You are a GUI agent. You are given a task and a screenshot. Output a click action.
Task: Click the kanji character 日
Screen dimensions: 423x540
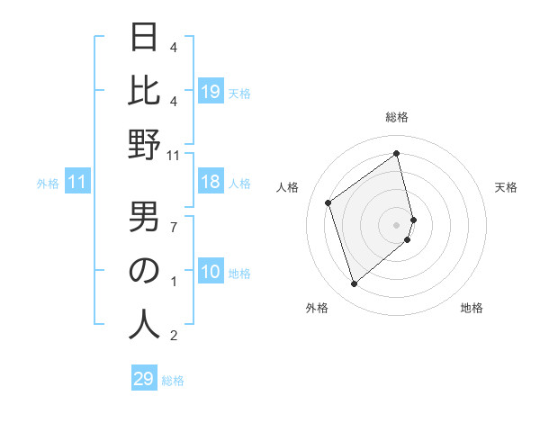[x=144, y=37]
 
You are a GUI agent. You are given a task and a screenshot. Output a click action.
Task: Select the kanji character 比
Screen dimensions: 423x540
[x=144, y=91]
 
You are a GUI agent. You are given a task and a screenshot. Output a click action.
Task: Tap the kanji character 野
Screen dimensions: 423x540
[x=144, y=145]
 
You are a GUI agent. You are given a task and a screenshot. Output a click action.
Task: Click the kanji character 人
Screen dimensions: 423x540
[x=144, y=324]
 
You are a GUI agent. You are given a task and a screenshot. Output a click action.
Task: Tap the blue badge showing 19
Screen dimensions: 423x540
[x=210, y=91]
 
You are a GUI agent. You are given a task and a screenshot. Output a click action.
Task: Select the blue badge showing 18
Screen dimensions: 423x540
[x=210, y=183]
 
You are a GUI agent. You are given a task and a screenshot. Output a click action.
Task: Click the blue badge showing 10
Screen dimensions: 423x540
[x=210, y=273]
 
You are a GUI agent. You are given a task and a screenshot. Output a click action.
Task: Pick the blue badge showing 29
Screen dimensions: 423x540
[x=144, y=379]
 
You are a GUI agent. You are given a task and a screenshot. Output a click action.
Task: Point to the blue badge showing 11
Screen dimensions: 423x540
[x=77, y=183]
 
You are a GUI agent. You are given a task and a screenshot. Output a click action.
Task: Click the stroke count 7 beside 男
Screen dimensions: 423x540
[x=174, y=226]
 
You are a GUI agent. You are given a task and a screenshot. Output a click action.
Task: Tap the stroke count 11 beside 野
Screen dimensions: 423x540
[x=174, y=156]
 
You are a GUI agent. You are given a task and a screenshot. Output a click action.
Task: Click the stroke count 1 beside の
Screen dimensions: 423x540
[x=174, y=282]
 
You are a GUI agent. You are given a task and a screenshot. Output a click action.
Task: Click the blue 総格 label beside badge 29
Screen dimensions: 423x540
[x=173, y=381]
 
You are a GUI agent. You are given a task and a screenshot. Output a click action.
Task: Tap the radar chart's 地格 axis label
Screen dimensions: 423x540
[x=472, y=308]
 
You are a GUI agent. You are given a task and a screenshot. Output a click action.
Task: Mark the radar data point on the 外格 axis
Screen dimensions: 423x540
[x=354, y=284]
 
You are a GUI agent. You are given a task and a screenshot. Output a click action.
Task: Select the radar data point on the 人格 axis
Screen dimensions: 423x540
[x=328, y=202]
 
